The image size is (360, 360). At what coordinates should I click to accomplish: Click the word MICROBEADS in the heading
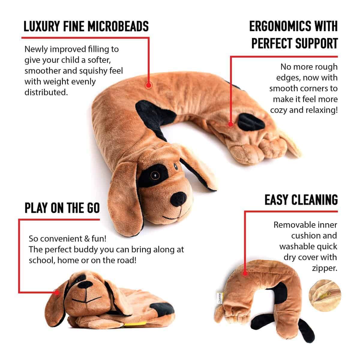tap(118, 26)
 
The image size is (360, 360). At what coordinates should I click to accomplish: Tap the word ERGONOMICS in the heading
tap(280, 26)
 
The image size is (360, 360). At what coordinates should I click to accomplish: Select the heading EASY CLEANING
tap(301, 200)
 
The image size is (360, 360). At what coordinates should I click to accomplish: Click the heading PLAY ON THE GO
tap(62, 208)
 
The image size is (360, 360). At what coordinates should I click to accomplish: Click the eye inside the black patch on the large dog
tap(155, 175)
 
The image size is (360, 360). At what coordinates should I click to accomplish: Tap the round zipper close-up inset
tap(325, 295)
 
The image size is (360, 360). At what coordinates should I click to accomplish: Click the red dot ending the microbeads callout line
tap(148, 85)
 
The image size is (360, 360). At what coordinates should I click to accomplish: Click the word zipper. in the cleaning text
tap(325, 268)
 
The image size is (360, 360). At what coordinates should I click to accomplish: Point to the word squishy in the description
tap(90, 71)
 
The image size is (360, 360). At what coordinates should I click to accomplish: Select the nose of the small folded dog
tap(85, 285)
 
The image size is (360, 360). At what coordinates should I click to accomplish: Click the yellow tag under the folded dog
tap(134, 324)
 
